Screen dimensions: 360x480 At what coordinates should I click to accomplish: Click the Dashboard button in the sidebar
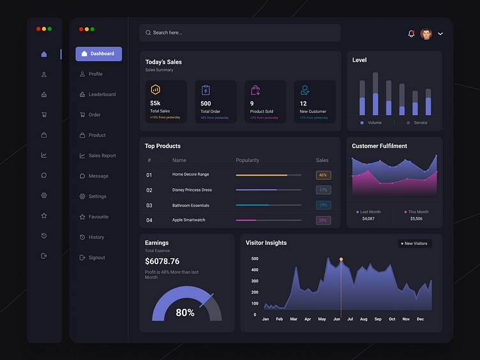click(x=98, y=54)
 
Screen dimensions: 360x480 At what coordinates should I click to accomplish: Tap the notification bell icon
click(x=411, y=34)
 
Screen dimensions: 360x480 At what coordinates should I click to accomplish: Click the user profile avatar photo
click(x=426, y=34)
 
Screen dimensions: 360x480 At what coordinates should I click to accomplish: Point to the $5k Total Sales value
click(x=155, y=103)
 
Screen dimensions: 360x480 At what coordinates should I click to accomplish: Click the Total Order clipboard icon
click(x=206, y=90)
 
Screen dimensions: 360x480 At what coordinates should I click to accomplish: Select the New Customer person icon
click(x=305, y=90)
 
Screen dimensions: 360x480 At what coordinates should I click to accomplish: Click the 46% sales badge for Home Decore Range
click(x=323, y=175)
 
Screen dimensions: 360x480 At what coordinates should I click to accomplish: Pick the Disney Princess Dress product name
click(x=191, y=190)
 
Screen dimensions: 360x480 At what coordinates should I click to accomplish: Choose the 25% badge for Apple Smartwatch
click(x=323, y=220)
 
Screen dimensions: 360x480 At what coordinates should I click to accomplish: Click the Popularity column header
click(x=248, y=160)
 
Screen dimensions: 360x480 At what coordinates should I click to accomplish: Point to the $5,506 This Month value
click(x=416, y=219)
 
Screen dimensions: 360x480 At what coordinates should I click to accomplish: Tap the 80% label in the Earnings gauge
click(x=185, y=313)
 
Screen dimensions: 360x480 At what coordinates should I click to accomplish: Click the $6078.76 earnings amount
click(x=162, y=262)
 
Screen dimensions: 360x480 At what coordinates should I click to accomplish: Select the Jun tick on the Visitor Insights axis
click(x=336, y=319)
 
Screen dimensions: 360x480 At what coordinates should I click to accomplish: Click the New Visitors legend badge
click(x=415, y=243)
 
